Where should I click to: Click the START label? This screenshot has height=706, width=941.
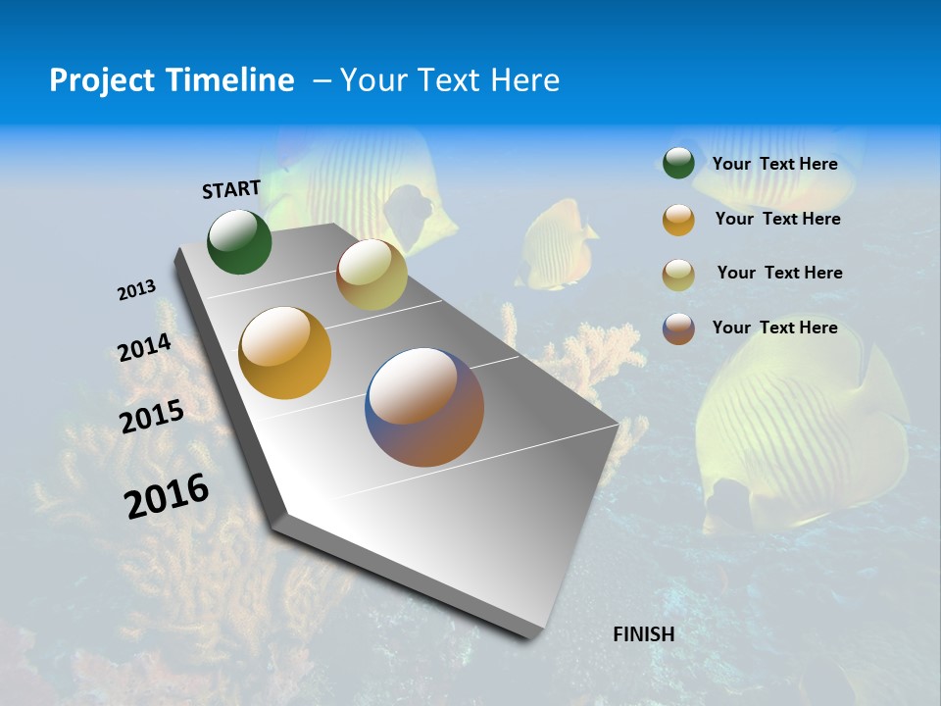point(231,189)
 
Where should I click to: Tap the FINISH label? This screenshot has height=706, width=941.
point(643,634)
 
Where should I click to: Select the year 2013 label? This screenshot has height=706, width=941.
point(136,290)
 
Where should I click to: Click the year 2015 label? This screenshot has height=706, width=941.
point(152,417)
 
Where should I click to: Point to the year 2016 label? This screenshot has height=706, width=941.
point(167,495)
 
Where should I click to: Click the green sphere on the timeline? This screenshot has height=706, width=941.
point(239,242)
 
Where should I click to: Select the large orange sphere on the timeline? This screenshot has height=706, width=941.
point(285,353)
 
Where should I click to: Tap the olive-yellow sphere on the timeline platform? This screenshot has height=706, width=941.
point(371,275)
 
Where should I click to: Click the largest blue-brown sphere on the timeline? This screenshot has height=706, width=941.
point(424,407)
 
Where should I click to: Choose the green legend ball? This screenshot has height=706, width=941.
point(678,164)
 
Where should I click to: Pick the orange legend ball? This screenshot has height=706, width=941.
point(678,220)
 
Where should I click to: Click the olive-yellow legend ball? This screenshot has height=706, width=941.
point(678,275)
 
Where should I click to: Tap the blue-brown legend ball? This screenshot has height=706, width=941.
point(678,328)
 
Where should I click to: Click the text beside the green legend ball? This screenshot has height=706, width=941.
point(774,164)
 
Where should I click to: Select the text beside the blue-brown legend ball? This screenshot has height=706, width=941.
point(774,328)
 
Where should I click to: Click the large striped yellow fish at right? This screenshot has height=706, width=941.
point(794,431)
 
